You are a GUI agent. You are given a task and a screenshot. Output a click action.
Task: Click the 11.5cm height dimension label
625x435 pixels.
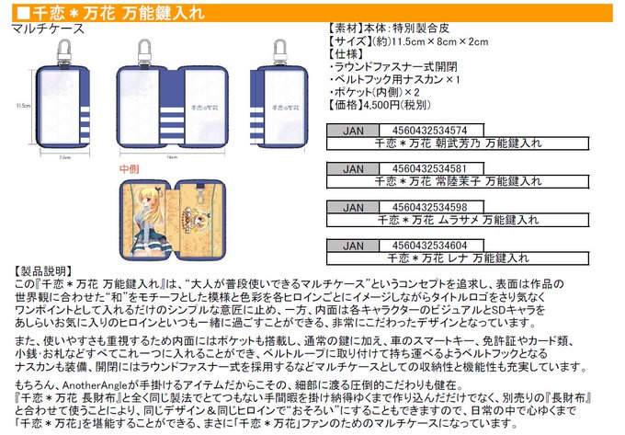(x=22, y=106)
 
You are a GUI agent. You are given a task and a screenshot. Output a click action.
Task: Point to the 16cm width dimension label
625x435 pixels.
(x=171, y=157)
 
